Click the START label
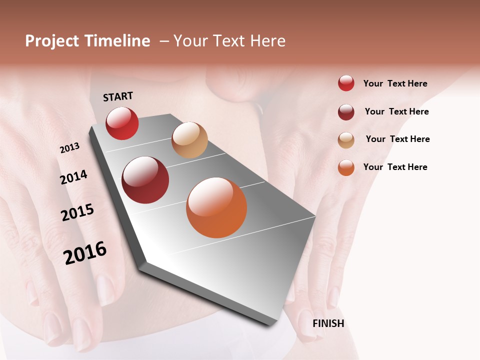tap(118, 96)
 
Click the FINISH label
tap(328, 323)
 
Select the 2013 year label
tap(69, 147)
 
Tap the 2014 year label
tap(73, 177)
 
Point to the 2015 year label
tap(77, 212)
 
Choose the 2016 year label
tap(85, 252)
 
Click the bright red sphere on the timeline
tap(122, 123)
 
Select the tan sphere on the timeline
tap(189, 140)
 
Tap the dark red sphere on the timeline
tap(145, 180)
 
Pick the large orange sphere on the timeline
tap(216, 207)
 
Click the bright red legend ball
tap(346, 83)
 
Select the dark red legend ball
tap(346, 112)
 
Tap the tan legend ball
tap(346, 140)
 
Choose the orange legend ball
tap(346, 167)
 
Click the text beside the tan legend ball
tap(397, 139)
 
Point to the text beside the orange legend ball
tap(395, 167)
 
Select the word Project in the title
tap(52, 41)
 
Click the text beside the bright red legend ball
tap(395, 83)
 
